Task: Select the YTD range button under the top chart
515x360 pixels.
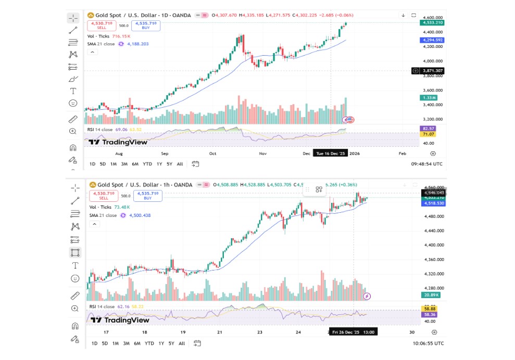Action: [147, 164]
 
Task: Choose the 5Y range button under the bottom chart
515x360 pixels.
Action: [170, 343]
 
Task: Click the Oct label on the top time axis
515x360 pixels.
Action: [212, 154]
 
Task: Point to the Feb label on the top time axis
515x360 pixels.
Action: [402, 154]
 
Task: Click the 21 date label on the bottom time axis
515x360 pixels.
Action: [220, 332]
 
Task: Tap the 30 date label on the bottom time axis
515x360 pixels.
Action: [411, 332]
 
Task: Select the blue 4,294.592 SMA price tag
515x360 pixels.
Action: [432, 40]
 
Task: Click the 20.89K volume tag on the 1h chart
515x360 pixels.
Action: [430, 295]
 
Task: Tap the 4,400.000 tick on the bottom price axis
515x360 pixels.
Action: [432, 245]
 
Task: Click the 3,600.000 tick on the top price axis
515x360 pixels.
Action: [432, 90]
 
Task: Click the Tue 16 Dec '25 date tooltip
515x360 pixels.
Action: [330, 153]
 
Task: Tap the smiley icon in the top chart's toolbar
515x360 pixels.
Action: [73, 103]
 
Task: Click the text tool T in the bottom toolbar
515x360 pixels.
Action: [75, 265]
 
